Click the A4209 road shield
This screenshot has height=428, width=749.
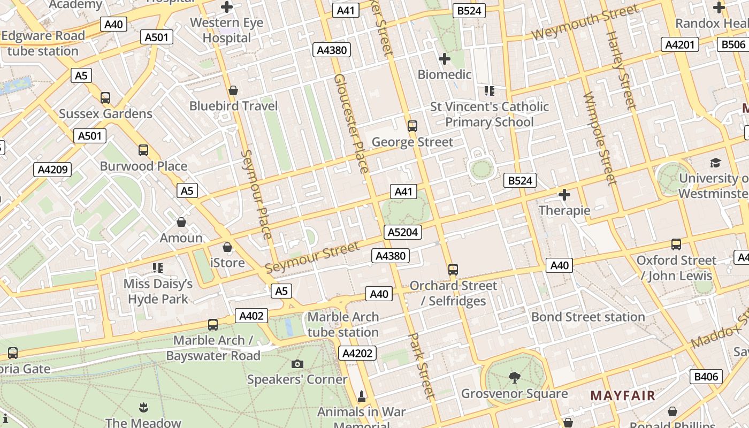(52, 170)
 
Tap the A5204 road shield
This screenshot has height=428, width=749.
(403, 232)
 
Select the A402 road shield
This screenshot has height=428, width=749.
(251, 316)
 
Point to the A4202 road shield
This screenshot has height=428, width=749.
(358, 353)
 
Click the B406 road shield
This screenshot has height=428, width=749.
(706, 377)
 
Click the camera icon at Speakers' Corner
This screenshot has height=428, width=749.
(297, 364)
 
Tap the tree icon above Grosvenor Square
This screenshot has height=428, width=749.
(515, 378)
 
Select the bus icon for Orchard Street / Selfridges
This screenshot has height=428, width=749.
(453, 269)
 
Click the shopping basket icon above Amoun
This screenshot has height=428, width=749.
(181, 222)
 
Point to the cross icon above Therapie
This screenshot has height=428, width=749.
(564, 195)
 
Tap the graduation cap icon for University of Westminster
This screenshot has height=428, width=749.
(715, 163)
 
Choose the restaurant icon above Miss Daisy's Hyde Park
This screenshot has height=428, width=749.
(158, 267)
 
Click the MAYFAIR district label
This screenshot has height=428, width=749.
(623, 396)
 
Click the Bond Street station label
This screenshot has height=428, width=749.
(588, 317)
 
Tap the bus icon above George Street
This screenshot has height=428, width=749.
(412, 126)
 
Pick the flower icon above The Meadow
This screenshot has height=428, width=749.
(143, 408)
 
